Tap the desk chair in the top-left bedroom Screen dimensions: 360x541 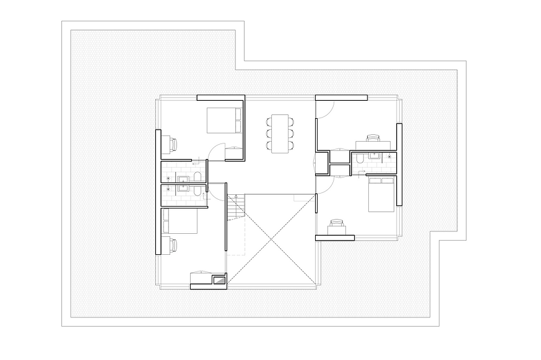174,144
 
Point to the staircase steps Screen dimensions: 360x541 236,207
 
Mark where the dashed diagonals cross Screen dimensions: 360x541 270,239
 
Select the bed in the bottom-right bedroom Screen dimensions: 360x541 381,194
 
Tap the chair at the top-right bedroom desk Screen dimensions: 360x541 373,139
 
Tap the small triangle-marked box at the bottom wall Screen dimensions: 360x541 219,280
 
